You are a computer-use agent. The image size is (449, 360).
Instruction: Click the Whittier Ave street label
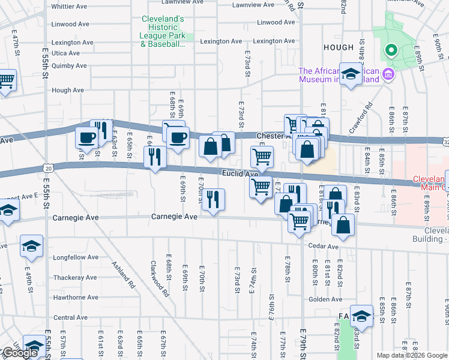(70, 7)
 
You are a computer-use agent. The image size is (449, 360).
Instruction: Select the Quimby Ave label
(70, 66)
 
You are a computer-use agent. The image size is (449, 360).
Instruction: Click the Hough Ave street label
(68, 91)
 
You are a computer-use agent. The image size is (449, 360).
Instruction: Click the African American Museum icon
(388, 75)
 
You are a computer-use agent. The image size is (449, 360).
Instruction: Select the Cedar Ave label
(324, 246)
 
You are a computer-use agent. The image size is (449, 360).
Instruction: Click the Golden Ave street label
(325, 299)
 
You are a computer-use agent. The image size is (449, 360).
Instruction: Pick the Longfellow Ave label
(76, 258)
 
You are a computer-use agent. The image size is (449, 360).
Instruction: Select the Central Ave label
(71, 317)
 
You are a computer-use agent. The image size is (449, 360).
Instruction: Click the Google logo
(19, 353)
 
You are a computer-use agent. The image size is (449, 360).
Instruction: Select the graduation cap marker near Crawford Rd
(351, 74)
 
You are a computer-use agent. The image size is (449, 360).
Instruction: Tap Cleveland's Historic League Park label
(163, 31)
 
